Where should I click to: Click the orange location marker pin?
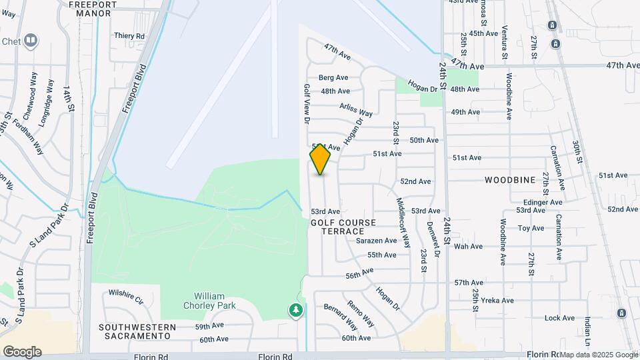pyautogui.click(x=320, y=159)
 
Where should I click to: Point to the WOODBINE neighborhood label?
pyautogui.click(x=510, y=180)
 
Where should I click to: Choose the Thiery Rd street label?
pyautogui.click(x=129, y=35)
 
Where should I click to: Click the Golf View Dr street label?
pyautogui.click(x=307, y=103)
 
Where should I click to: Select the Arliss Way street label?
pyautogui.click(x=356, y=109)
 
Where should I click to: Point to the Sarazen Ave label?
pyautogui.click(x=377, y=241)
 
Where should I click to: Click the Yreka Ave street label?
pyautogui.click(x=497, y=301)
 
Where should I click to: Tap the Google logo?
pyautogui.click(x=22, y=351)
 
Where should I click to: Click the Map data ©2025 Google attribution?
pyautogui.click(x=599, y=355)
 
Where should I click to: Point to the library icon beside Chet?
pyautogui.click(x=30, y=41)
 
